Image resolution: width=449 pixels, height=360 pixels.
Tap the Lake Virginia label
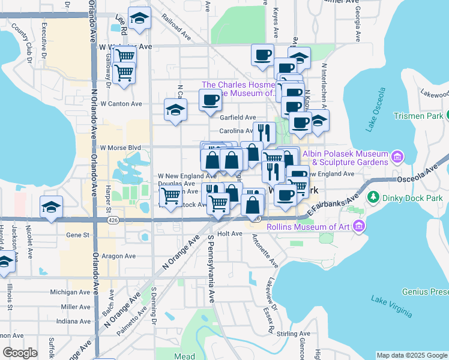[391, 305]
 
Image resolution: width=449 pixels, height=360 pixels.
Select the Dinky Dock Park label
[413, 197]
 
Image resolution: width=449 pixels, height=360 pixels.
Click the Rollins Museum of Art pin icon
[360, 226]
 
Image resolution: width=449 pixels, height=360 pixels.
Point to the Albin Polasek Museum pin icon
[396, 158]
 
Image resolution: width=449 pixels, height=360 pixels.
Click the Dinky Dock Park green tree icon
[373, 197]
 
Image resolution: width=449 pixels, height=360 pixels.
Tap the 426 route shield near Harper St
[112, 221]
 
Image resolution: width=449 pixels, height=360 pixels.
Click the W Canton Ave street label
[121, 104]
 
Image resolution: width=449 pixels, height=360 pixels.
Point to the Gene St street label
[77, 235]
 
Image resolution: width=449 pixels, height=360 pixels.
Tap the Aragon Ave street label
[118, 256]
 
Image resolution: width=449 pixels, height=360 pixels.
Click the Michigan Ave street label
[69, 292]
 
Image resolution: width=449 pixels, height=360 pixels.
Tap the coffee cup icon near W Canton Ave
[210, 100]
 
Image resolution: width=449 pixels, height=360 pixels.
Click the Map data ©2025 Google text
[411, 355]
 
